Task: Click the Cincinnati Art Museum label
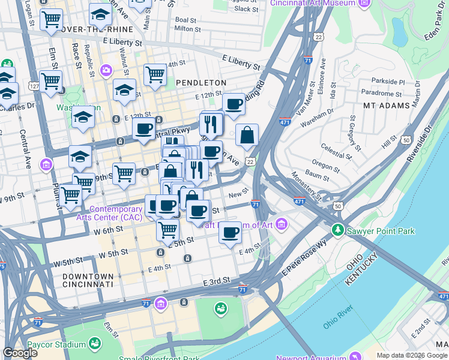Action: [313, 3]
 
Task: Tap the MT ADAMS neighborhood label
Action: [386, 105]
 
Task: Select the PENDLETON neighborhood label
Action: [201, 82]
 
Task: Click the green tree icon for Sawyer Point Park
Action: [339, 229]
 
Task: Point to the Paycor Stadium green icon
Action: [94, 343]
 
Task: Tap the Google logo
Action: [20, 353]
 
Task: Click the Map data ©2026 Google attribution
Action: [412, 355]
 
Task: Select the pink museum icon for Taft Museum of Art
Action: [282, 224]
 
